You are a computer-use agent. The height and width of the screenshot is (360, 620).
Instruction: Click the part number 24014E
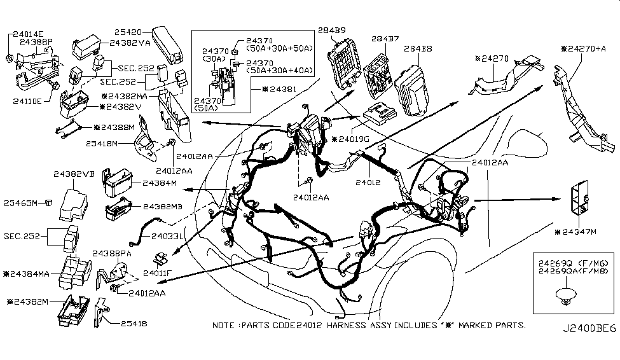(28, 33)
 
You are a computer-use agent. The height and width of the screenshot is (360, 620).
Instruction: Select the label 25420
(131, 30)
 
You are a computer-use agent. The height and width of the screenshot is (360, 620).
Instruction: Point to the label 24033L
(168, 235)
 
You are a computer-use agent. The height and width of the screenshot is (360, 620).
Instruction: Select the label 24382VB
(74, 172)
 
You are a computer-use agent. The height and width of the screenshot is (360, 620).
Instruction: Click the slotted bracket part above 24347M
(579, 199)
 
